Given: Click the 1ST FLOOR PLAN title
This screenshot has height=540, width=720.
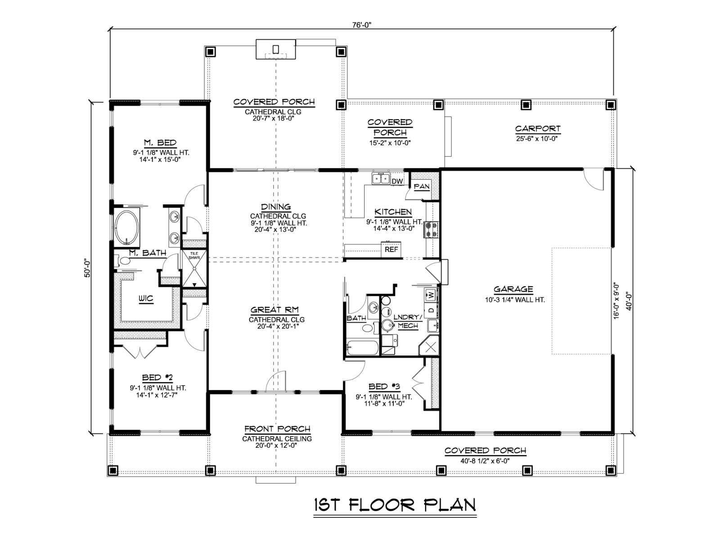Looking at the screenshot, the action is tap(395, 505).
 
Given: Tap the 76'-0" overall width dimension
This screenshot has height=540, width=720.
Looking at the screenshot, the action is tap(362, 25).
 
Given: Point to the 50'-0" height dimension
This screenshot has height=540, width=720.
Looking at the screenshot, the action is tap(88, 269).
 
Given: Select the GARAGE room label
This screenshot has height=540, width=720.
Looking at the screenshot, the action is tap(513, 289).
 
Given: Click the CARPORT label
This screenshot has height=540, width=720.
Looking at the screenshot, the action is tap(538, 129).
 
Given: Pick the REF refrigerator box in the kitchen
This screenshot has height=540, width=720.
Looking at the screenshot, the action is tap(391, 249).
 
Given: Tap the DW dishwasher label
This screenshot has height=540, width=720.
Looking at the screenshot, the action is tap(397, 181).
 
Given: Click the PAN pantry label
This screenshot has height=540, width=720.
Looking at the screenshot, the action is tap(422, 187).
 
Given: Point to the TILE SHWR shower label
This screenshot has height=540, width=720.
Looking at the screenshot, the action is tap(194, 256).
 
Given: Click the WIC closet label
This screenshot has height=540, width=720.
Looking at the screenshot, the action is tap(146, 298).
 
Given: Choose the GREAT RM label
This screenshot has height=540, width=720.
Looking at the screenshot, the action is tap(274, 310).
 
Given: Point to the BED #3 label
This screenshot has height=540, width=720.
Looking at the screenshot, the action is tap(384, 387).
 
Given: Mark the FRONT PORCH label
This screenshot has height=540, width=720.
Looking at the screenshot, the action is tap(277, 429).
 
